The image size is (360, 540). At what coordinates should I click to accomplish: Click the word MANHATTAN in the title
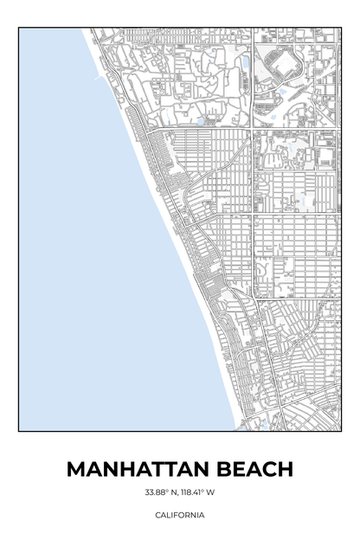(138, 469)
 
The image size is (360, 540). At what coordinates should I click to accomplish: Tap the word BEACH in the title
(255, 469)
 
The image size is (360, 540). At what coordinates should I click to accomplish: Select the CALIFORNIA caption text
(180, 515)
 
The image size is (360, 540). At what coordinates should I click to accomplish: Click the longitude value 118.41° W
(198, 493)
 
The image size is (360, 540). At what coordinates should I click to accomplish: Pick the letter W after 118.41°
(211, 493)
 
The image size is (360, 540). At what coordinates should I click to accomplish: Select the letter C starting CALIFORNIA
(157, 515)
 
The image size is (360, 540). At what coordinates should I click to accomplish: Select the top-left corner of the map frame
(19, 28)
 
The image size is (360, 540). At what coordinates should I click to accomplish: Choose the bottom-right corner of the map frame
(341, 430)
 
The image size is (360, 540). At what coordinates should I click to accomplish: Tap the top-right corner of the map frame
(341, 28)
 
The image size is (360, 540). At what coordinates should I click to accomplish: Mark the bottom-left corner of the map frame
(19, 430)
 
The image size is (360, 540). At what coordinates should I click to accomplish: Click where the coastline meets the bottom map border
(235, 429)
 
